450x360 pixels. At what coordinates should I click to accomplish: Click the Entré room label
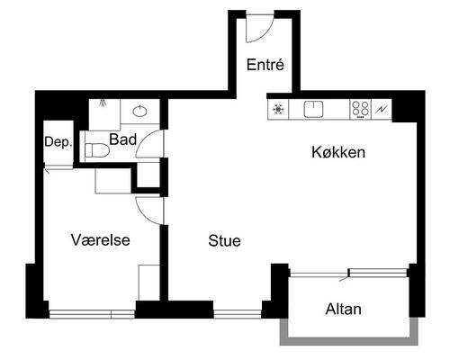pyautogui.click(x=265, y=65)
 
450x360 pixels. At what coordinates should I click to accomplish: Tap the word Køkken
pyautogui.click(x=338, y=152)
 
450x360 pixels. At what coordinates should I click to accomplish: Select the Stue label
pyautogui.click(x=224, y=240)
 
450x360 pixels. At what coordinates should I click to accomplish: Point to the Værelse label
pyautogui.click(x=101, y=239)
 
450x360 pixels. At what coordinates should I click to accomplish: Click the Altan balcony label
pyautogui.click(x=343, y=309)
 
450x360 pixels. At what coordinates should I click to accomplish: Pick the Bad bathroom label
pyautogui.click(x=122, y=139)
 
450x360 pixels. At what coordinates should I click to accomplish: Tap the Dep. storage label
pyautogui.click(x=58, y=142)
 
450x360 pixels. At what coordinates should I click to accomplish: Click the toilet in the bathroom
pyautogui.click(x=96, y=150)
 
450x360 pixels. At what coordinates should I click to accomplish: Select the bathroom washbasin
pyautogui.click(x=139, y=112)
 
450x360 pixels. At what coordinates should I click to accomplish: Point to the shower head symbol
pyautogui.click(x=103, y=103)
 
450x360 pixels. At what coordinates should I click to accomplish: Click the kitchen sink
pyautogui.click(x=313, y=109)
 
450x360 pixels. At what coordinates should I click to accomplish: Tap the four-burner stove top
pyautogui.click(x=360, y=109)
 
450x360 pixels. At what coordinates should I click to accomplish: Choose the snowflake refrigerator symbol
pyautogui.click(x=278, y=110)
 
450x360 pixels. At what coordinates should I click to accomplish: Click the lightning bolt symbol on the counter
pyautogui.click(x=382, y=110)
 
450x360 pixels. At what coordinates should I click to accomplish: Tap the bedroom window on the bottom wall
pyautogui.click(x=92, y=314)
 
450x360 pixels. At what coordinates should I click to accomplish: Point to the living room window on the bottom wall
pyautogui.click(x=238, y=314)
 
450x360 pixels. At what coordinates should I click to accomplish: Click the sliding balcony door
pyautogui.click(x=348, y=273)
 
